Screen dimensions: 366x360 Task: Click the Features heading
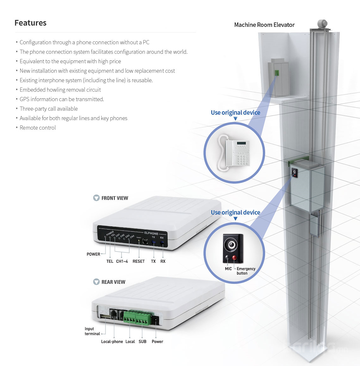31,23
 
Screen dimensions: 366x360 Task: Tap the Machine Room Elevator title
264,25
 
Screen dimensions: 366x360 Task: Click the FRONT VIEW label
115,198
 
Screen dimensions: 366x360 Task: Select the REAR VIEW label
113,282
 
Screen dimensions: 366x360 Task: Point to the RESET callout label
138,261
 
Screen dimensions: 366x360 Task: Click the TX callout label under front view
153,261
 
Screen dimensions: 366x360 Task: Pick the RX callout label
163,261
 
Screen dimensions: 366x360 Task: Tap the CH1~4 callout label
122,261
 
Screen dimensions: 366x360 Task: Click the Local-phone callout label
112,342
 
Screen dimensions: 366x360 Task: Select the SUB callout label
143,342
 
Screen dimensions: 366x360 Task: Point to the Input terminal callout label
92,331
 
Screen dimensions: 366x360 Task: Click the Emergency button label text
246,271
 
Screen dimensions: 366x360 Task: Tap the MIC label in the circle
228,269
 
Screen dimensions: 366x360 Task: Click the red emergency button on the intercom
234,258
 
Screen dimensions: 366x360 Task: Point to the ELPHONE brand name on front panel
151,233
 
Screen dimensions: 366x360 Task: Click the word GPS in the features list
24,99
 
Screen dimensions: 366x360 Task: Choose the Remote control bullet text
38,128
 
